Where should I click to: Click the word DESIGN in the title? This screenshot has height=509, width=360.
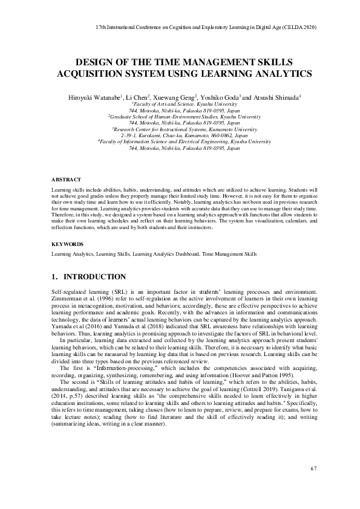pos(93,63)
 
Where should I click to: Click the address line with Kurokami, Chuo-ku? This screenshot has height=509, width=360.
pos(180,136)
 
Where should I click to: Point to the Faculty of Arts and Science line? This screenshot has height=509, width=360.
pos(180,104)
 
